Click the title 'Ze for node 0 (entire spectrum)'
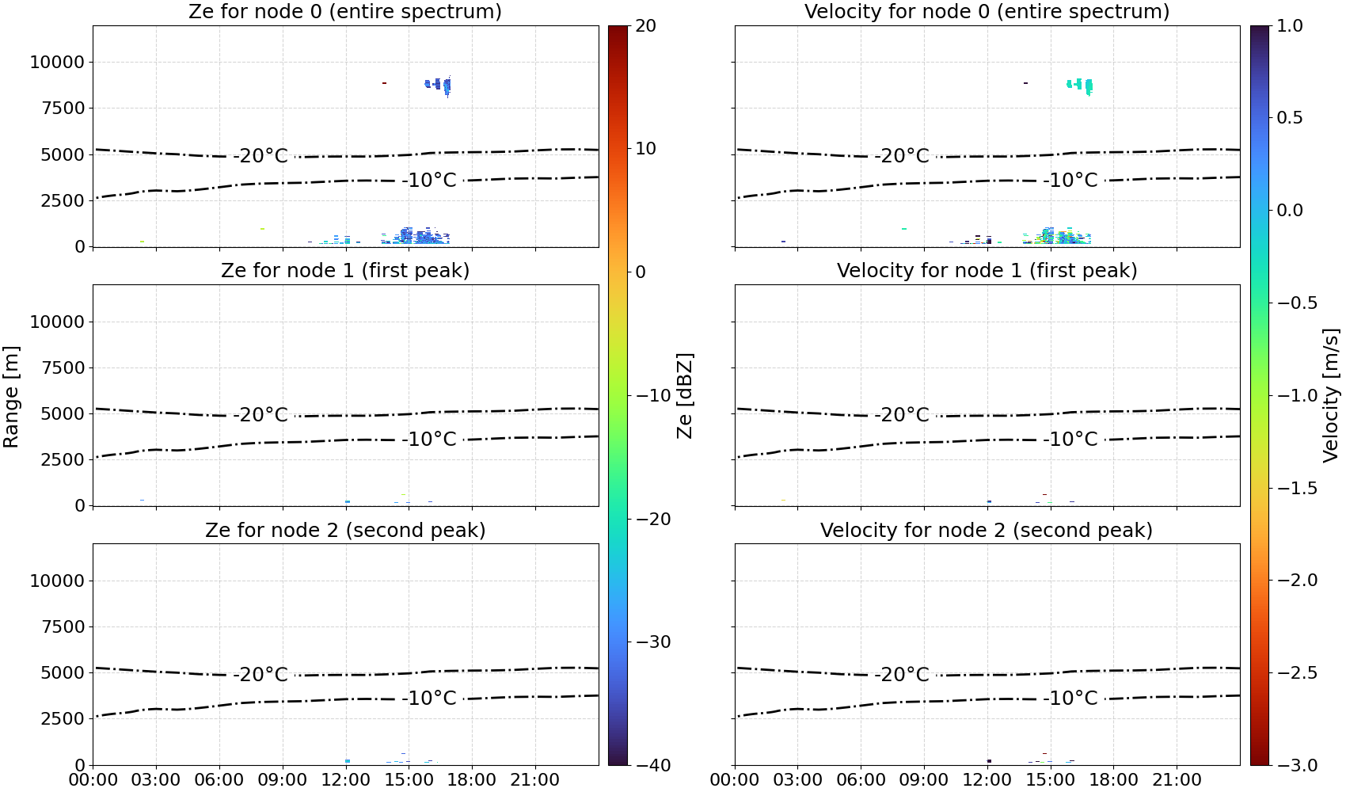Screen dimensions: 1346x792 coord(345,11)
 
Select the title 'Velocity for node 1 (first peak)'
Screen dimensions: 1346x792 coord(987,270)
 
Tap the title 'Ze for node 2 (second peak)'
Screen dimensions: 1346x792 coord(345,530)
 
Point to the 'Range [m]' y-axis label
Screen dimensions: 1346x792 coord(11,397)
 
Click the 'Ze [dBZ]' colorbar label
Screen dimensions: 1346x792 coord(685,396)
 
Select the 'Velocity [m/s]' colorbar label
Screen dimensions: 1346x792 coord(1332,395)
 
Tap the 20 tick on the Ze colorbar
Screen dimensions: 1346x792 coord(645,26)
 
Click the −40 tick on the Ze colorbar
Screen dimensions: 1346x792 coord(652,765)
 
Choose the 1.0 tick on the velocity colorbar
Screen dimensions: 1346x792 coord(1290,26)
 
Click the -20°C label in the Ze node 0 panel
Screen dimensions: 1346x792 coord(260,156)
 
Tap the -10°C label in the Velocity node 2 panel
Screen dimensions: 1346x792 coord(1070,699)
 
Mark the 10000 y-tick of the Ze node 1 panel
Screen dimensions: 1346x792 coord(57,322)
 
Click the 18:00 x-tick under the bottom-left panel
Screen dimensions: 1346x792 coord(472,780)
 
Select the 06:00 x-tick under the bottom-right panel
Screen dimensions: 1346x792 coord(861,780)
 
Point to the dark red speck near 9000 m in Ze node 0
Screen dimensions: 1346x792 coord(384,83)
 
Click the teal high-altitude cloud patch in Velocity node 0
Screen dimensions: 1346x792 coord(1081,86)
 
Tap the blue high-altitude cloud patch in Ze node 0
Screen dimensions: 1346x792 coord(438,86)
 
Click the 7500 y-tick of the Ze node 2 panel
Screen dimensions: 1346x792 coord(63,626)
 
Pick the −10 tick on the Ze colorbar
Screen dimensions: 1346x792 coord(652,395)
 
